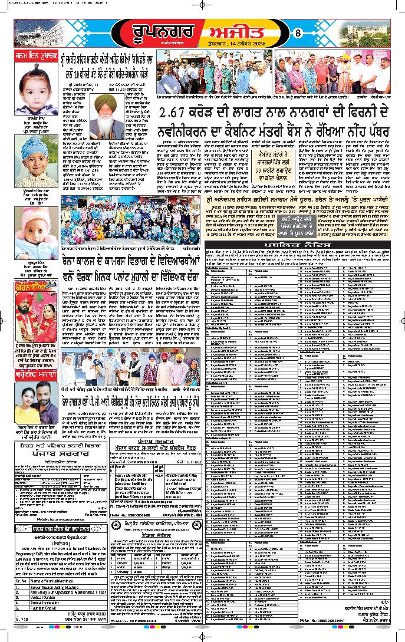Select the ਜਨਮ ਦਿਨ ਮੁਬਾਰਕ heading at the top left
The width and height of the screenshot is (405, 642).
[x=35, y=57]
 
